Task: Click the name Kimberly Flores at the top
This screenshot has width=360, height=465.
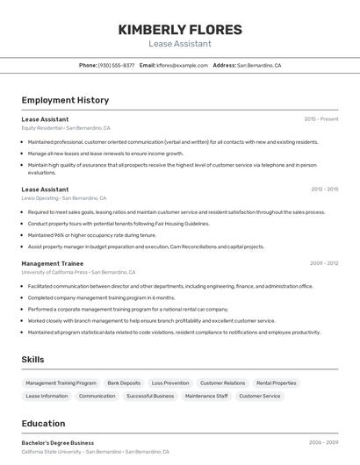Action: [x=179, y=29]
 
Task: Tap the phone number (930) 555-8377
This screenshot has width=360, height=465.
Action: [x=116, y=65]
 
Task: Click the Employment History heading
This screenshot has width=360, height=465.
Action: [x=65, y=100]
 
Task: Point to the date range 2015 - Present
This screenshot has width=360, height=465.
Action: [x=320, y=118]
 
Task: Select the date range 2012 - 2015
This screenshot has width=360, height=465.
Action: [x=324, y=189]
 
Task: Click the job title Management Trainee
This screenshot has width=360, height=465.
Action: [x=52, y=263]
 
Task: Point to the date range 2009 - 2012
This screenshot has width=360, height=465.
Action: [x=324, y=263]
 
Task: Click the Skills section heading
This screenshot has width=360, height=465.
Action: [x=32, y=359]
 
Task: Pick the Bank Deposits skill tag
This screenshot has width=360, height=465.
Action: [x=124, y=383]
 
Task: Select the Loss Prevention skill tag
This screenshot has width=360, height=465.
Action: [x=170, y=383]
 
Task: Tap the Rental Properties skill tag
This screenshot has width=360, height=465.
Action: [x=276, y=383]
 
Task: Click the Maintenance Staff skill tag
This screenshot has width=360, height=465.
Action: [x=206, y=397]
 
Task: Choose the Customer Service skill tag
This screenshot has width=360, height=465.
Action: [x=260, y=397]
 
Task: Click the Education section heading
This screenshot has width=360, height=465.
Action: [x=43, y=424]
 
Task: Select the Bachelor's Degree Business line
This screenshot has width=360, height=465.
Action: [x=58, y=443]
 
